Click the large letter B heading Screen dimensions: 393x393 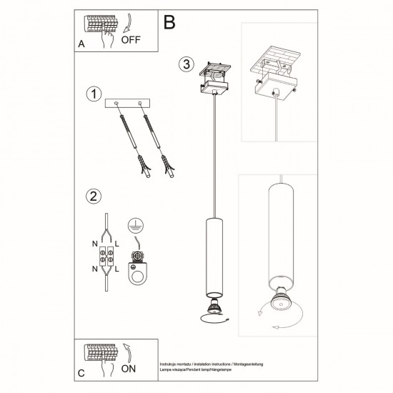coord(169,23)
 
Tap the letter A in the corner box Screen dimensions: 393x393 coord(81,43)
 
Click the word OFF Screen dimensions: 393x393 coord(130,39)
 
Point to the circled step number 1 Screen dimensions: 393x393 coord(91,94)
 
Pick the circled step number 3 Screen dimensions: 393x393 coord(185,64)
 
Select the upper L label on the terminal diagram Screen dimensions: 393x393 coord(119,244)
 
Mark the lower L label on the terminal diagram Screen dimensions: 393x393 coord(119,268)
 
